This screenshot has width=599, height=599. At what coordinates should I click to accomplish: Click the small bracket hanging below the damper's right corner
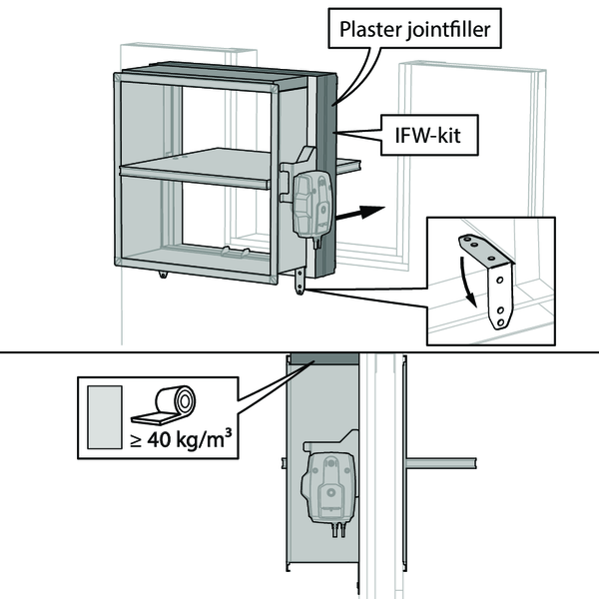pos(299,281)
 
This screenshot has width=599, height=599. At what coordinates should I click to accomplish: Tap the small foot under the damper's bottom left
pos(161,274)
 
